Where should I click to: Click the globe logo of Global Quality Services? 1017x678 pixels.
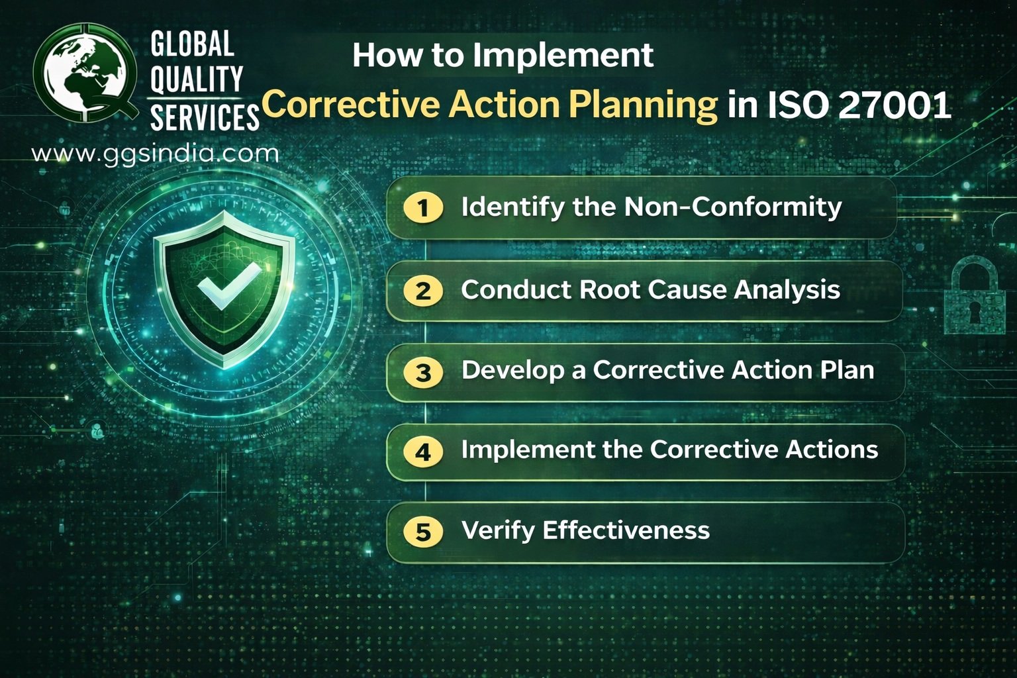83,72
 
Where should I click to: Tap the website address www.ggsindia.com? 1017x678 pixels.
155,154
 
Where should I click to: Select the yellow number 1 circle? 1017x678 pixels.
423,208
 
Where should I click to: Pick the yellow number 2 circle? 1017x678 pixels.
423,291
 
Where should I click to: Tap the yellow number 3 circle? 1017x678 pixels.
423,372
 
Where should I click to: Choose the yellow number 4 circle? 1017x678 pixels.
423,452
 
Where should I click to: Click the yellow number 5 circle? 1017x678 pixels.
423,532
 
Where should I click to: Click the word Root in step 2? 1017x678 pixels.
609,290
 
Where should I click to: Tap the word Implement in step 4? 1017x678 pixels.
527,450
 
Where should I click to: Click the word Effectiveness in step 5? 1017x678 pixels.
626,530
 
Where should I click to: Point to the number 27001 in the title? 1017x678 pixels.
895,105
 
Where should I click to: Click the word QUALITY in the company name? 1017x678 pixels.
196,79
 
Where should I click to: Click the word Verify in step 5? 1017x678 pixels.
497,530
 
